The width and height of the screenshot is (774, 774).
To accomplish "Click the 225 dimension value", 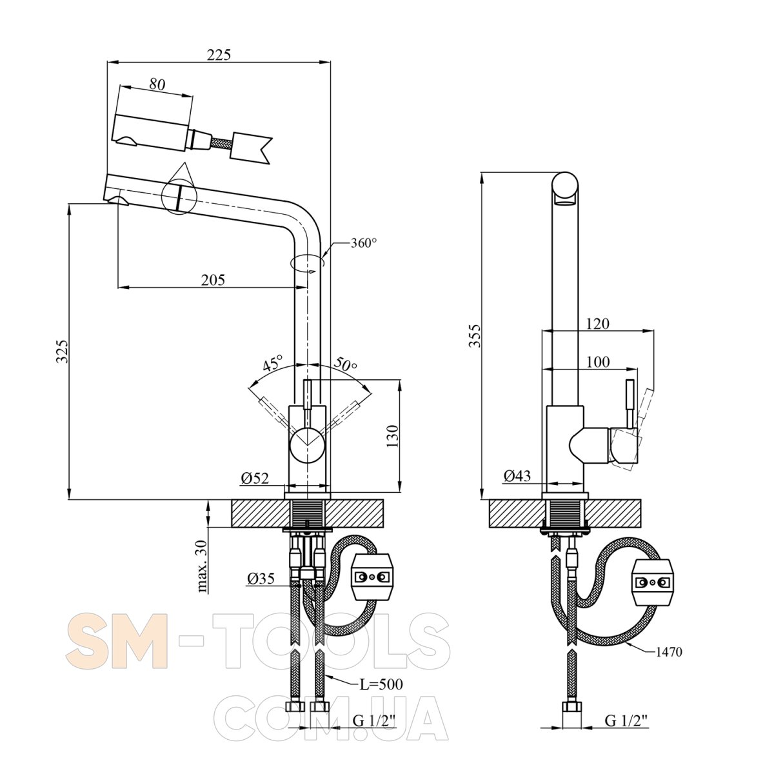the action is tap(219, 55).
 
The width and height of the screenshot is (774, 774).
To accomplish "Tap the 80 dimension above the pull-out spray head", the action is tap(157, 84).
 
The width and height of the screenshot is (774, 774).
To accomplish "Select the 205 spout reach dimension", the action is tap(213, 279).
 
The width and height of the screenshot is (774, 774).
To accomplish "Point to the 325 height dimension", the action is tap(62, 351).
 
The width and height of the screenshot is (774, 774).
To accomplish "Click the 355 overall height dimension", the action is tap(475, 335).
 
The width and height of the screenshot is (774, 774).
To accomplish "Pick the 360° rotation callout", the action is tap(364, 243).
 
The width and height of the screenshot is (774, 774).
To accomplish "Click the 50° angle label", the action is tap(346, 364).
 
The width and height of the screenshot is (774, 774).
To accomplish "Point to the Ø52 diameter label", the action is tap(255, 478).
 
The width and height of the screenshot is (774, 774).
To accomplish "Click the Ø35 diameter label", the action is tap(261, 578).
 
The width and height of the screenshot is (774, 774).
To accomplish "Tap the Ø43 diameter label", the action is tap(517, 476).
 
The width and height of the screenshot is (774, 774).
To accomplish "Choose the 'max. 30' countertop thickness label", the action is tap(203, 566).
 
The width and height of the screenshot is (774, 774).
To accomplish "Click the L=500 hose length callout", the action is tap(381, 684).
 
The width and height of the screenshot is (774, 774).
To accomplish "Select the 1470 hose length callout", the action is tap(669, 652).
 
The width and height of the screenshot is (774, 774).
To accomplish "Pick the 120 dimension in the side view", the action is tap(598, 323).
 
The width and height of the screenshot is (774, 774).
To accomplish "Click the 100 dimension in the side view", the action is tap(598, 362).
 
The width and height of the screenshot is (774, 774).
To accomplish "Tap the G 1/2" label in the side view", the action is tap(626, 720).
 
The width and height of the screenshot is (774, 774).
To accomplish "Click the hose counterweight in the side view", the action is tap(652, 582).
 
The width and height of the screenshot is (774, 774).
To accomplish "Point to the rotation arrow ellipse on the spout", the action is tap(307, 262).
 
